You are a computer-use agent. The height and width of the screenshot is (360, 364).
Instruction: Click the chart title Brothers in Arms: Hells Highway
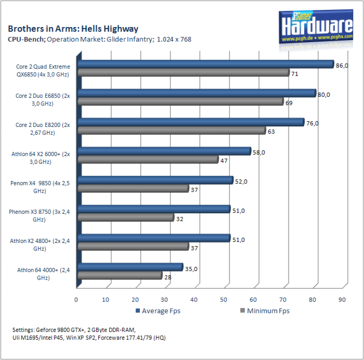click(x=73, y=29)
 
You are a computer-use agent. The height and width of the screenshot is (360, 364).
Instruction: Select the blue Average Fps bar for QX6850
click(x=206, y=64)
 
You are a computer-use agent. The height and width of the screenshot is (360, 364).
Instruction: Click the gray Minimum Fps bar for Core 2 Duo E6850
click(x=181, y=102)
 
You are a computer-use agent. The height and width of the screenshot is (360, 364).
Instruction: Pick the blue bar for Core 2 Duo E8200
click(x=191, y=122)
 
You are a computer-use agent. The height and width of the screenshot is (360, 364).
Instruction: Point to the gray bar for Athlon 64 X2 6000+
click(x=148, y=160)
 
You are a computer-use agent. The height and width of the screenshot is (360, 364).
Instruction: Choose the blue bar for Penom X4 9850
click(x=155, y=180)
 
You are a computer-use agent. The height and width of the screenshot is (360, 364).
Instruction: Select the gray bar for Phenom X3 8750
click(x=126, y=218)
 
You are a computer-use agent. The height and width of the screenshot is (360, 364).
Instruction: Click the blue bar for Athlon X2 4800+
click(x=154, y=238)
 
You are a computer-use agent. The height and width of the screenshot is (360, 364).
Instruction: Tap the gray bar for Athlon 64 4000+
click(x=120, y=276)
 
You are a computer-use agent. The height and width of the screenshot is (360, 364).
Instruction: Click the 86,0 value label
click(x=342, y=66)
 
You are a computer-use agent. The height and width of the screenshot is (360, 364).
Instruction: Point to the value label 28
click(x=168, y=277)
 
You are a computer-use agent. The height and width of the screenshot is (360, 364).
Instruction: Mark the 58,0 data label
click(x=259, y=153)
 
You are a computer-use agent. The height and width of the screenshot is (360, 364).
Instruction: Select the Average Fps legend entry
click(x=158, y=311)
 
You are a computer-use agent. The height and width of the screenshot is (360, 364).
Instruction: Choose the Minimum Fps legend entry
click(x=265, y=311)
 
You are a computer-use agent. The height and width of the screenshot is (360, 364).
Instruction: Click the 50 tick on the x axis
click(x=224, y=300)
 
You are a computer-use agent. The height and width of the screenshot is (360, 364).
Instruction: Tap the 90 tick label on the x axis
click(x=342, y=300)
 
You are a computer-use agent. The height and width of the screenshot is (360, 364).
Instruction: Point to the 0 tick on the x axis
click(x=76, y=300)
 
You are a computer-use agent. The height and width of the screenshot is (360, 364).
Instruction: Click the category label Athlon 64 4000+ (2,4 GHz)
click(x=43, y=274)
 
